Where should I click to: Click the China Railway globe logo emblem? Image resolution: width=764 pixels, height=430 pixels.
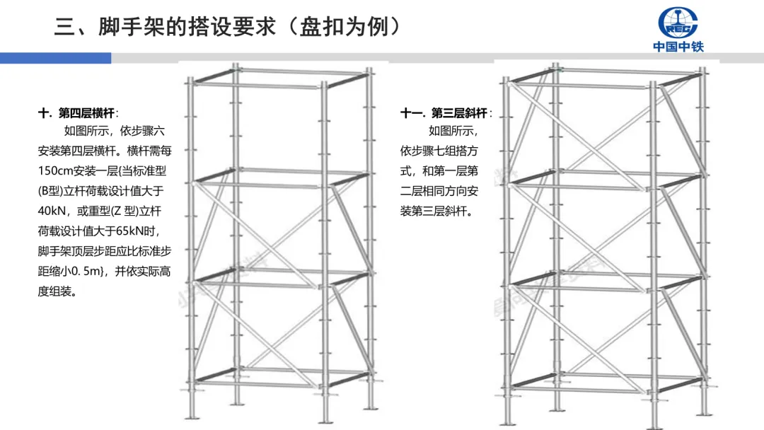pyautogui.click(x=678, y=23)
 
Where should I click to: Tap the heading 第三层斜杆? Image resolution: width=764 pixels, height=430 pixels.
pyautogui.click(x=460, y=113)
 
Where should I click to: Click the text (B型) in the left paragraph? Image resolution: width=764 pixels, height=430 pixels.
pyautogui.click(x=52, y=191)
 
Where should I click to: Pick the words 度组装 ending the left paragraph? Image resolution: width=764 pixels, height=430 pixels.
pyautogui.click(x=57, y=291)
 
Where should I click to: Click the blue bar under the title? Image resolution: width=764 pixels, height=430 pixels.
pyautogui.click(x=55, y=58)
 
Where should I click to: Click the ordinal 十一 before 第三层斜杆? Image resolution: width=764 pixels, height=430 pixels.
pyautogui.click(x=412, y=113)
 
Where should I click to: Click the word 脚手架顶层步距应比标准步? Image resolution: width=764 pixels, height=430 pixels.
pyautogui.click(x=105, y=251)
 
